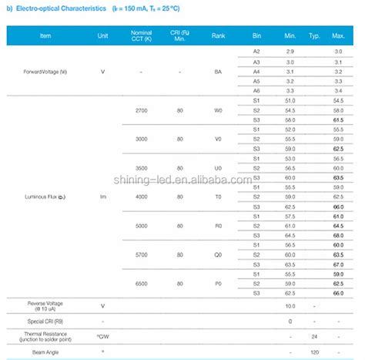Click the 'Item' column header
[x=45, y=35]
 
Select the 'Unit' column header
[x=103, y=35]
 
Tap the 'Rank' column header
[x=218, y=35]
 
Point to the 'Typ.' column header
[x=315, y=35]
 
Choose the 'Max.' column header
[x=339, y=35]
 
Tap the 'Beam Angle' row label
[x=45, y=352]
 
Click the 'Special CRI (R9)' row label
[x=45, y=321]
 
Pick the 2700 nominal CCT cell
[x=142, y=111]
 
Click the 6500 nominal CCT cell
[x=142, y=284]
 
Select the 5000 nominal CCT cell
[x=142, y=226]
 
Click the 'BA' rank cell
[x=218, y=71]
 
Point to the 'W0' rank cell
[x=218, y=111]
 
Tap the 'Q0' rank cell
[x=218, y=254]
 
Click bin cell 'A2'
[x=256, y=50]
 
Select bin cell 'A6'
[x=256, y=90]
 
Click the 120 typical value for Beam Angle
[x=315, y=352]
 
